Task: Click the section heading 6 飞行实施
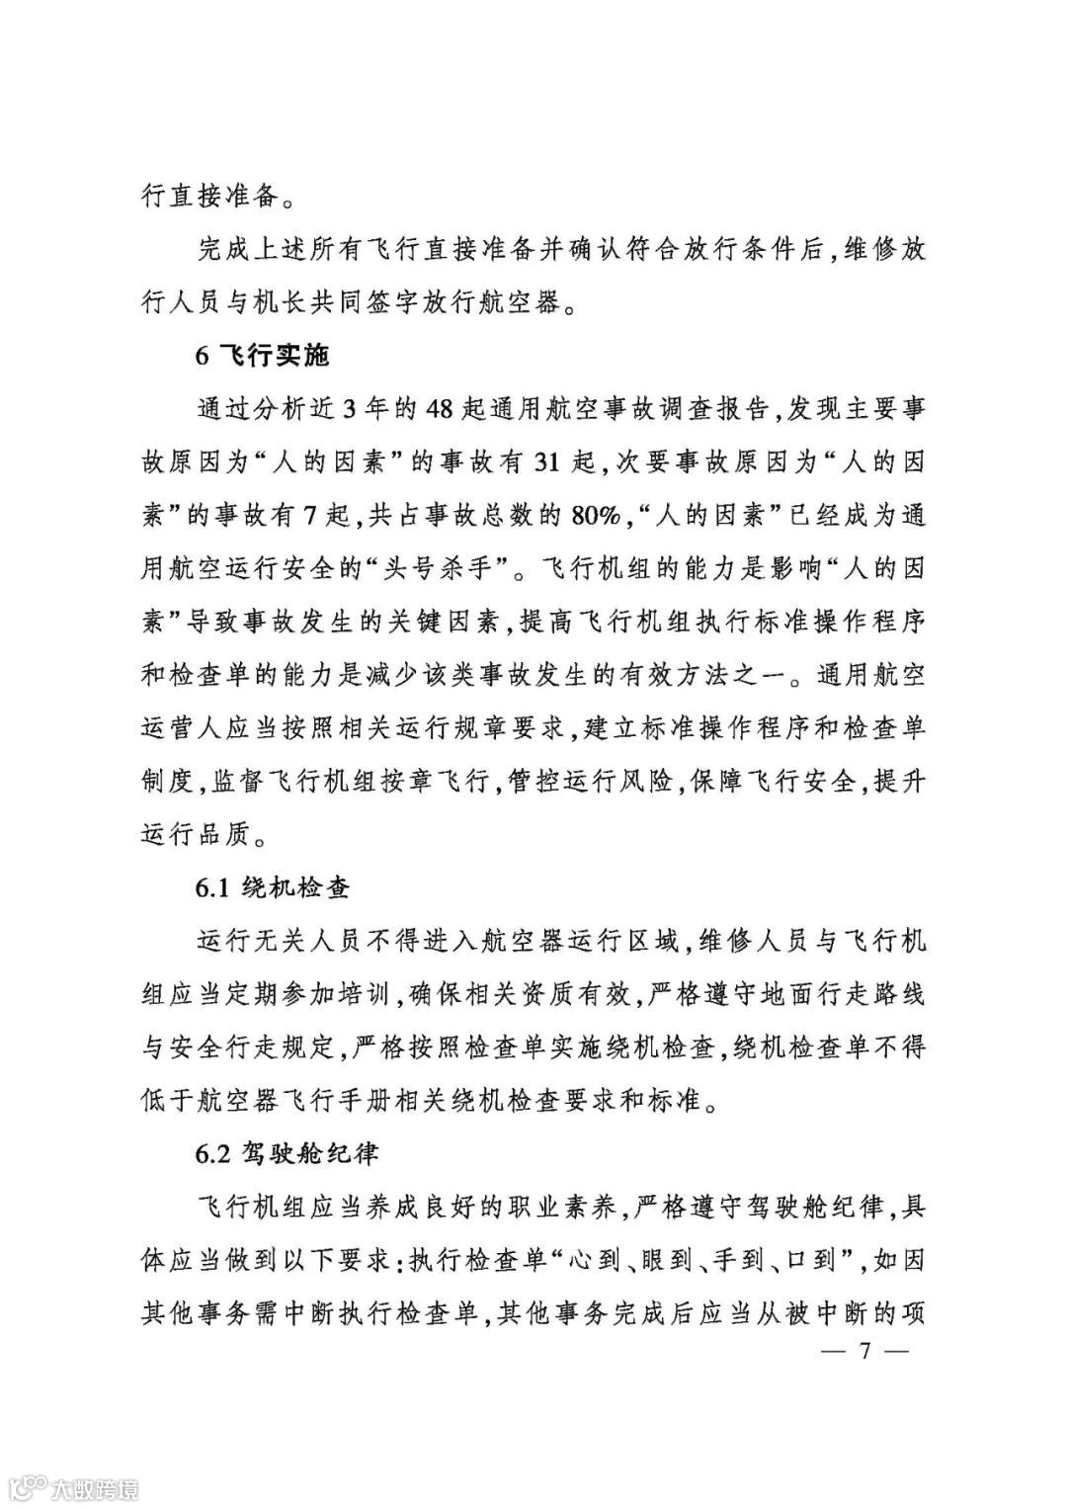click(262, 357)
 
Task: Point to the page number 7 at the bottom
click(862, 1351)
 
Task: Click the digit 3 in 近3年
click(352, 410)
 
